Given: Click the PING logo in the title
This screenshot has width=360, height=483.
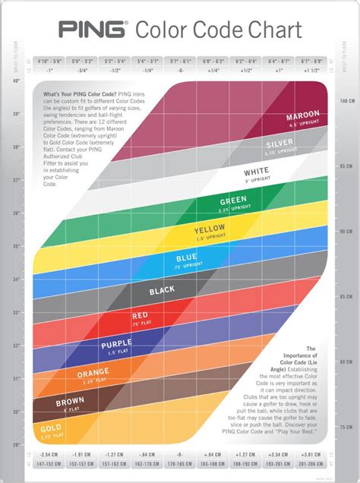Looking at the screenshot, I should [x=93, y=30].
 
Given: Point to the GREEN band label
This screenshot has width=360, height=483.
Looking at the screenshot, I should [x=233, y=200].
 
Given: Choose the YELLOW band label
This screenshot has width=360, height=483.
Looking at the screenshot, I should [x=210, y=229].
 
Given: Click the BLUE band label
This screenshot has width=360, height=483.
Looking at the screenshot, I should [x=186, y=258].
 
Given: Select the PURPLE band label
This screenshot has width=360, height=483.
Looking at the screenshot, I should [x=117, y=345].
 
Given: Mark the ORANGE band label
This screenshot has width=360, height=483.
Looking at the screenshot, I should [x=93, y=373].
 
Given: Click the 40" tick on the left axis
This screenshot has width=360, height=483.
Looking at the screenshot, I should [x=16, y=80].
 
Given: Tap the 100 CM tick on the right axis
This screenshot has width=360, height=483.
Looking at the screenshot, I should [x=343, y=100].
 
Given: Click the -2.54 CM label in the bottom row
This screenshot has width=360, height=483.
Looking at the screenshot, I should [x=49, y=454].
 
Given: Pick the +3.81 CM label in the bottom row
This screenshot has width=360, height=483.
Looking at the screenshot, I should [x=311, y=454].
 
